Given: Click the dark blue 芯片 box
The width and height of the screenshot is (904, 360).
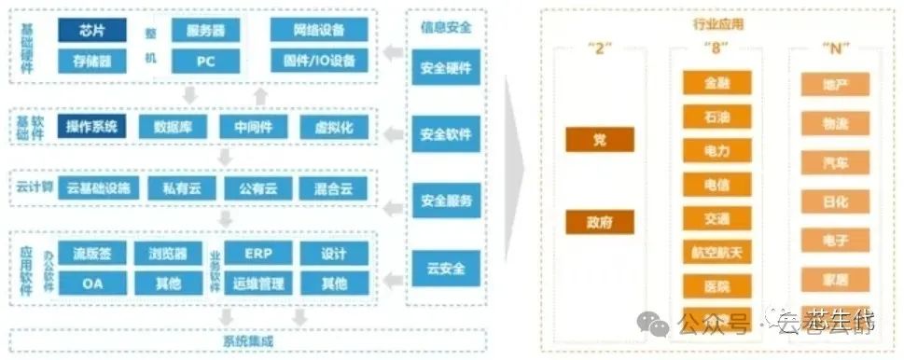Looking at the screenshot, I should pos(92,30).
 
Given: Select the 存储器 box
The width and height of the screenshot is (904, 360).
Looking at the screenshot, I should pos(92,62).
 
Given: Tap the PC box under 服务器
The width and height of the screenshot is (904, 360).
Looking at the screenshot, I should pos(205,62).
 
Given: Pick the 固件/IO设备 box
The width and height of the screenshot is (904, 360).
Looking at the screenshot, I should pos(319,62).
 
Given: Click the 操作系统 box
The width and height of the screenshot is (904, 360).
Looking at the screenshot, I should pos(91,127).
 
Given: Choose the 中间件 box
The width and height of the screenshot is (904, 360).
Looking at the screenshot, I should pos(246,127).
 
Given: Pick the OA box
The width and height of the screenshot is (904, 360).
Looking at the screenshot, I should pos(92,283).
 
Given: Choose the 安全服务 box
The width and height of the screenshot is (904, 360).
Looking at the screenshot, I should pos(446,200).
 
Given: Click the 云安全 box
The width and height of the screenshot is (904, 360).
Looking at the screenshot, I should pos(446,269).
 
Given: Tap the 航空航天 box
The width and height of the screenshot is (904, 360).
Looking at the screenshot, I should pos(716,252).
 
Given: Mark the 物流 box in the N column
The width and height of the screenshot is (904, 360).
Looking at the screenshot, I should pos(835,123).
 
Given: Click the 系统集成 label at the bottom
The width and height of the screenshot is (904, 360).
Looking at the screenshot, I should pos(248,340).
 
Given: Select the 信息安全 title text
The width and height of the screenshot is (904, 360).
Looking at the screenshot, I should pos(446,27).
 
